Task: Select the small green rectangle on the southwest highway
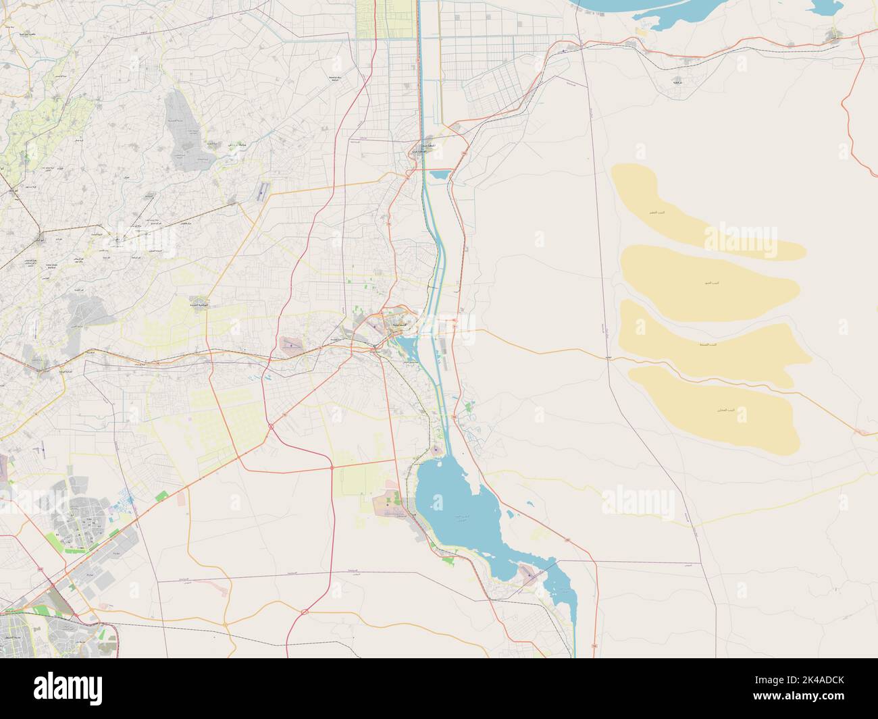[162, 497]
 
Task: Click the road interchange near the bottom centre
[305, 612]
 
